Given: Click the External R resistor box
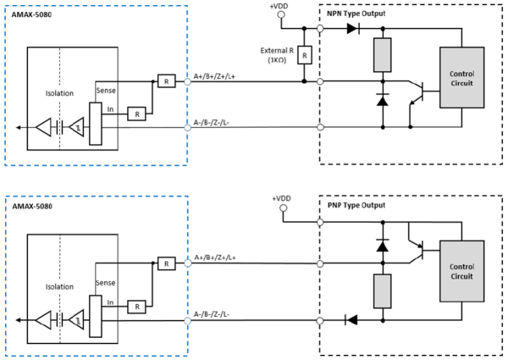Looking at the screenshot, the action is tap(305, 55).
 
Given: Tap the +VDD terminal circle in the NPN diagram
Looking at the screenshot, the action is tap(281, 14).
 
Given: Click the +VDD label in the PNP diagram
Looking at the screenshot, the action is tap(281, 198).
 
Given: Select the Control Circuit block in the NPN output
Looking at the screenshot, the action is tap(461, 77).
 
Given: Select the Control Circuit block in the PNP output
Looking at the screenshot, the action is tap(461, 271).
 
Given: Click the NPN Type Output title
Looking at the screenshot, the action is tap(356, 14).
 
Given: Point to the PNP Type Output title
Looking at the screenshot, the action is tap(356, 206).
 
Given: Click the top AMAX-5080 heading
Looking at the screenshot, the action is tap(31, 15).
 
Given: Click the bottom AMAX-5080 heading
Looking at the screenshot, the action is tap(32, 207).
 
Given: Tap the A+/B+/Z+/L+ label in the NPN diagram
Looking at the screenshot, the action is tap(214, 76).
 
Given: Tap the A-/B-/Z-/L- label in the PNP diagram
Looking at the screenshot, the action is tap(212, 314).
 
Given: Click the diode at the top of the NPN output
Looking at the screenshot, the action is tap(353, 29).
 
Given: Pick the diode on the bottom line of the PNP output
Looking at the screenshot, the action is tap(351, 320).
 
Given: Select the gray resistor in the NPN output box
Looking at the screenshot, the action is tap(383, 55).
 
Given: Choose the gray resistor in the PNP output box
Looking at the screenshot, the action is tap(383, 291).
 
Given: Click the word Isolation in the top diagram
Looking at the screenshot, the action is tap(59, 93).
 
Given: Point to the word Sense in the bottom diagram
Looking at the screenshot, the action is tap(106, 283).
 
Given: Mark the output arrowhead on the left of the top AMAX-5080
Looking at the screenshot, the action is tap(18, 128).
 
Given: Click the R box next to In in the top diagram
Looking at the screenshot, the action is tap(136, 114).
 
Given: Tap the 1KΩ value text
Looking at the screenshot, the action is tap(277, 60).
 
